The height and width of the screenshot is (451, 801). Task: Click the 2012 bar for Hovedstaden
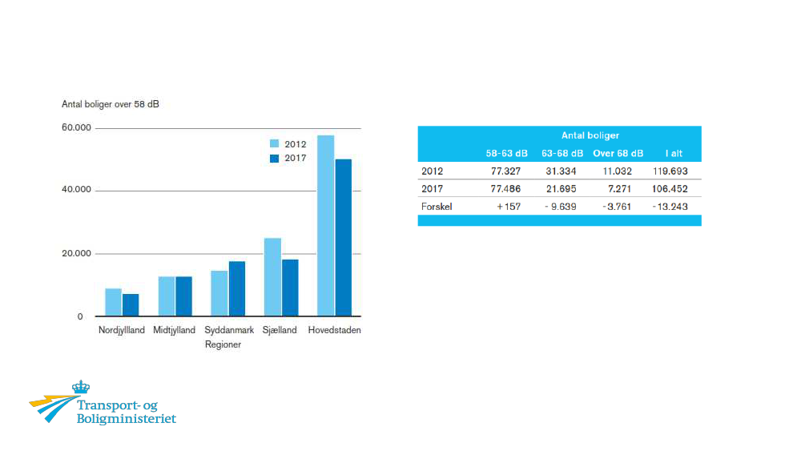(325, 226)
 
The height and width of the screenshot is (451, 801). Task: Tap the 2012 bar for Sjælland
(272, 277)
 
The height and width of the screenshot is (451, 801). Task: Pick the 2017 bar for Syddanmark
(237, 288)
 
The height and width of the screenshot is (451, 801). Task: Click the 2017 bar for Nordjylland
(131, 305)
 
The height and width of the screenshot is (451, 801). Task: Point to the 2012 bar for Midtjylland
(167, 296)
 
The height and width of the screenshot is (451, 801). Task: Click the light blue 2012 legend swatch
(274, 144)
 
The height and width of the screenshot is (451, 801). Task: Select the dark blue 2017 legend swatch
(274, 159)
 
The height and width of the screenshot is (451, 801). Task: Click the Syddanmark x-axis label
(229, 330)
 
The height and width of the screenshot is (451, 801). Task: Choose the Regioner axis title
(223, 344)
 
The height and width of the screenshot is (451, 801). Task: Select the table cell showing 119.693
(670, 171)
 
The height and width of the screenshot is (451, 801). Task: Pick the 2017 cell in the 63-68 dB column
(558, 188)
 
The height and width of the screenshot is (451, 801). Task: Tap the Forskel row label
(437, 206)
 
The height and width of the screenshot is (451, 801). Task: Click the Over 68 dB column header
(618, 153)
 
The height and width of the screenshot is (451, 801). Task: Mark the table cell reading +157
(508, 206)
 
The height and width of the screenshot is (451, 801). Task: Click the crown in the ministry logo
(81, 388)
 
